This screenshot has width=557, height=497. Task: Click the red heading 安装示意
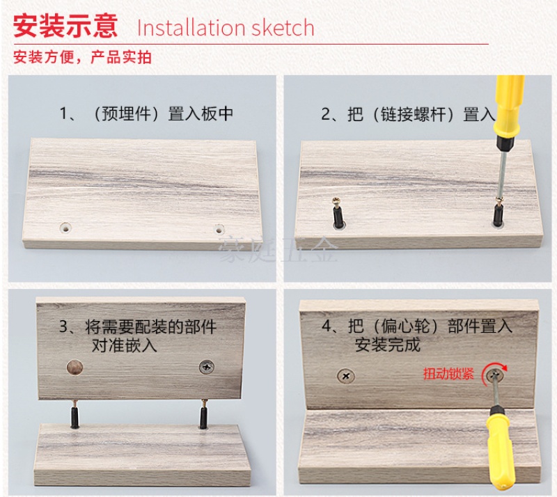click(x=65, y=26)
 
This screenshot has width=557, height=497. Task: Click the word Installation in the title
click(x=191, y=28)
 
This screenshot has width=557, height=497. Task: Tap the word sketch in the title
click(x=283, y=28)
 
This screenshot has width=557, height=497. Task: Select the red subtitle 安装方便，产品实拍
click(x=82, y=57)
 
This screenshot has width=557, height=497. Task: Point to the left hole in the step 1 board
click(x=65, y=228)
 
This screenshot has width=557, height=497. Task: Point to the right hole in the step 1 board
click(x=219, y=229)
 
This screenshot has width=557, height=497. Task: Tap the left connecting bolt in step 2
click(x=338, y=212)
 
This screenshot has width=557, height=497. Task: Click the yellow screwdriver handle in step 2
click(x=509, y=106)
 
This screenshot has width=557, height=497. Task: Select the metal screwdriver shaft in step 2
click(x=502, y=174)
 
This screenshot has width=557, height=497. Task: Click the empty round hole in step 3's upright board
click(x=75, y=368)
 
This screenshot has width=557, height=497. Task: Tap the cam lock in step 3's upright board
click(x=206, y=367)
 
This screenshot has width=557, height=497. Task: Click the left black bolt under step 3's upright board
click(x=74, y=414)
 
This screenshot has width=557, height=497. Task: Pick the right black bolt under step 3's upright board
click(x=203, y=414)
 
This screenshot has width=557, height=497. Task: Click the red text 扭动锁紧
click(x=448, y=374)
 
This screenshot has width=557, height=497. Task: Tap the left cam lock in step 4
click(x=345, y=376)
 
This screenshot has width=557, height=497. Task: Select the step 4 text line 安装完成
click(x=388, y=345)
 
